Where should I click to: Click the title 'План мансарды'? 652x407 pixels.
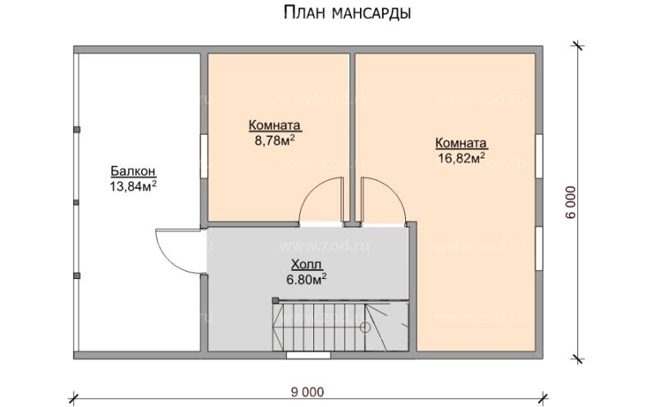coord(347,13)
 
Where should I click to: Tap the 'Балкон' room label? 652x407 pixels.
coord(133,171)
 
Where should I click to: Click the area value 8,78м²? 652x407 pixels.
coord(275,139)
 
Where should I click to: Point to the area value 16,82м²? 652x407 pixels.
coord(461,156)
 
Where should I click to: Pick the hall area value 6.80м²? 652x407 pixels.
coord(307,278)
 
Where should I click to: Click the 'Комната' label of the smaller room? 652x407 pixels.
coord(275,126)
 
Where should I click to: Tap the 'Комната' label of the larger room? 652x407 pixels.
coord(461,141)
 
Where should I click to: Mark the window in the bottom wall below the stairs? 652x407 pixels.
coord(308,355)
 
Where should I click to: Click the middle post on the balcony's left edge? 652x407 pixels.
coord(75,201)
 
